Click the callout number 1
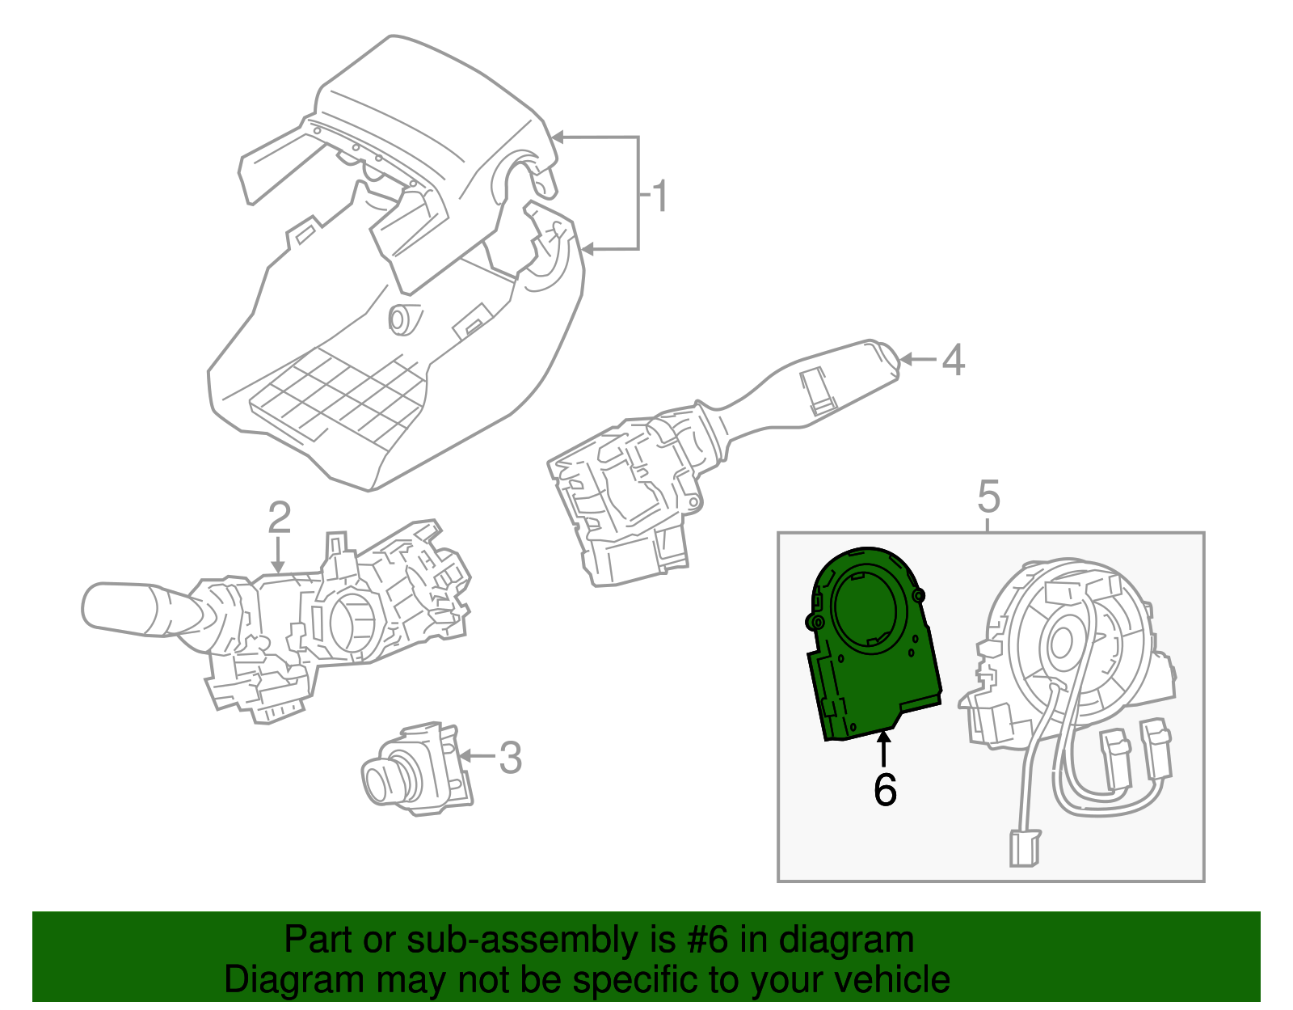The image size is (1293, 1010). [x=660, y=197]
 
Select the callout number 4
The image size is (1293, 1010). [x=953, y=360]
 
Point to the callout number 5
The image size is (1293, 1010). [x=988, y=496]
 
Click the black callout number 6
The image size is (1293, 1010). [x=885, y=789]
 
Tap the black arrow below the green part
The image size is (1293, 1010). [x=884, y=747]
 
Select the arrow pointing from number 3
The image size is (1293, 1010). [x=477, y=757]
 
